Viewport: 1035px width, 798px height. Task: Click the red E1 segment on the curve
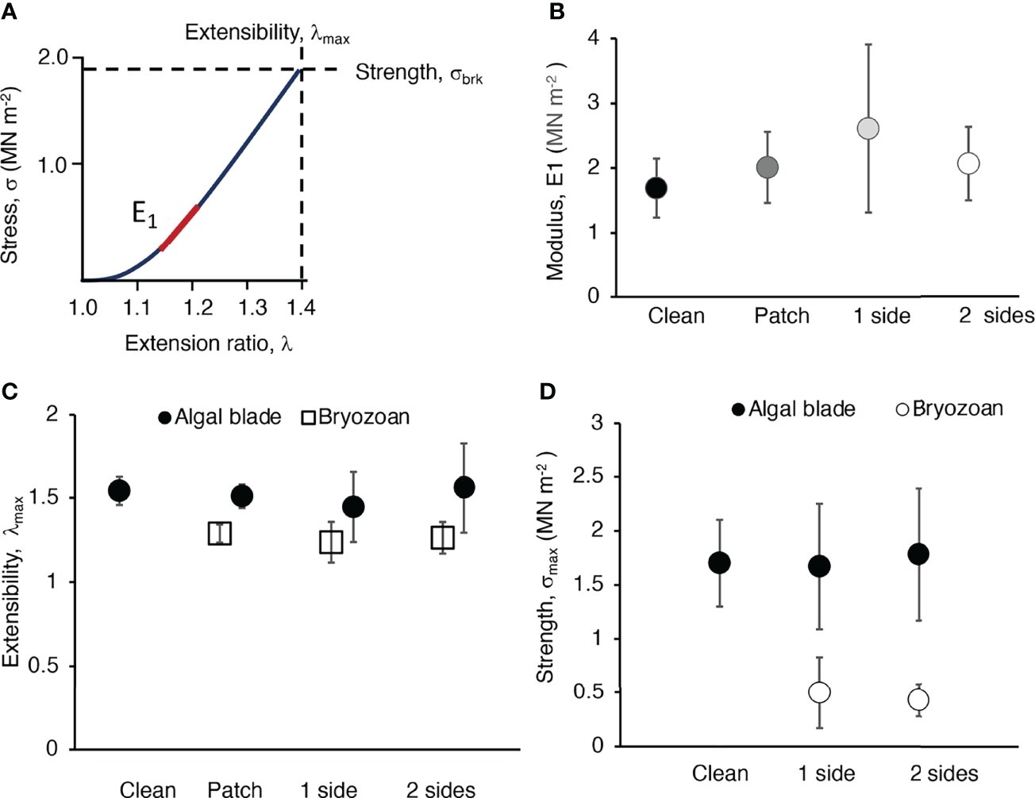pos(179,228)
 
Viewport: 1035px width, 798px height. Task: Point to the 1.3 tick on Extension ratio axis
pos(253,308)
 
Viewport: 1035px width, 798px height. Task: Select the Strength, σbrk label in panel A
pos(418,74)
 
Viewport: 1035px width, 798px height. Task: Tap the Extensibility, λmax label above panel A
pos(267,33)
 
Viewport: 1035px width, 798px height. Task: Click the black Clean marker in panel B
pos(656,188)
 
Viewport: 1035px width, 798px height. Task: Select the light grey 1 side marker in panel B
pos(868,129)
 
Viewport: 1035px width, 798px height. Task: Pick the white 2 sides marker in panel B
pos(968,163)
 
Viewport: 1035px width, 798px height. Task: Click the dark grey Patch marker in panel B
pos(767,167)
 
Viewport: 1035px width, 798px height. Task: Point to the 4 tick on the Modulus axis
pos(594,38)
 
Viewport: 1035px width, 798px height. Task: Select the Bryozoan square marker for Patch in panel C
pos(220,534)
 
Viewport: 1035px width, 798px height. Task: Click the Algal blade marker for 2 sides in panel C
pos(464,487)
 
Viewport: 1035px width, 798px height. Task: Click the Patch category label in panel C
pos(234,789)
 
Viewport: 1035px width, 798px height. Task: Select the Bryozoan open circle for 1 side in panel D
pos(819,692)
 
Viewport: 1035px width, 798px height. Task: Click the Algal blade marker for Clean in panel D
pos(719,562)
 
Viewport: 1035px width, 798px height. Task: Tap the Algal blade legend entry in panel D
pos(793,409)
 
